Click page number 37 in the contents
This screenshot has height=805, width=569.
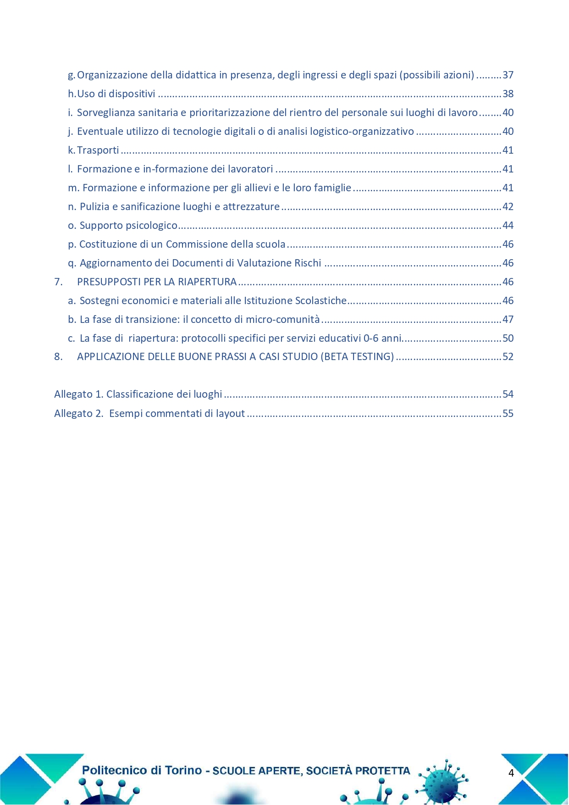(x=508, y=75)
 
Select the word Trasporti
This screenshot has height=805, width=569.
(x=98, y=150)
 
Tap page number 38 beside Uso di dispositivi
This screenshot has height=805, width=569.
(x=508, y=94)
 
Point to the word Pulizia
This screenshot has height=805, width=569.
(x=94, y=207)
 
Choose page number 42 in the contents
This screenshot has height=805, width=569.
(x=508, y=207)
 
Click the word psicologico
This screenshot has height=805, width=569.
(x=151, y=226)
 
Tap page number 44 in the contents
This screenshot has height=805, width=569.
(x=508, y=226)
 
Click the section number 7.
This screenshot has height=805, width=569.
(x=58, y=282)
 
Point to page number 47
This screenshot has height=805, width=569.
(x=508, y=320)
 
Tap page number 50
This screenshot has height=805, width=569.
(x=508, y=339)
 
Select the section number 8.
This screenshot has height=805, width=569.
(x=58, y=357)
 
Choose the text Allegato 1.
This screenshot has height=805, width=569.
(x=79, y=394)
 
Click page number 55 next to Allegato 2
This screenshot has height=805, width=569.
(x=508, y=414)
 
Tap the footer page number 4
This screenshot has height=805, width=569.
(x=511, y=773)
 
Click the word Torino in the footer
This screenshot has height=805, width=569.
(x=183, y=771)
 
